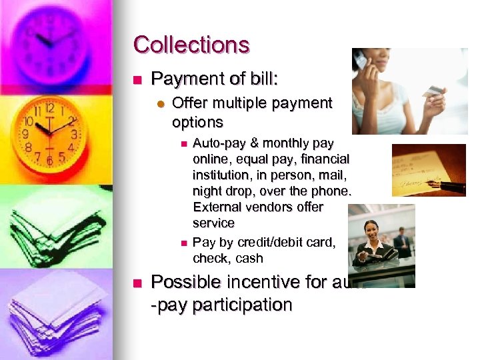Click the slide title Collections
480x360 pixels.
tap(191, 45)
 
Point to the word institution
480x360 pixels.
tap(221, 175)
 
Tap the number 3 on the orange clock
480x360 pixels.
tap(75, 134)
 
